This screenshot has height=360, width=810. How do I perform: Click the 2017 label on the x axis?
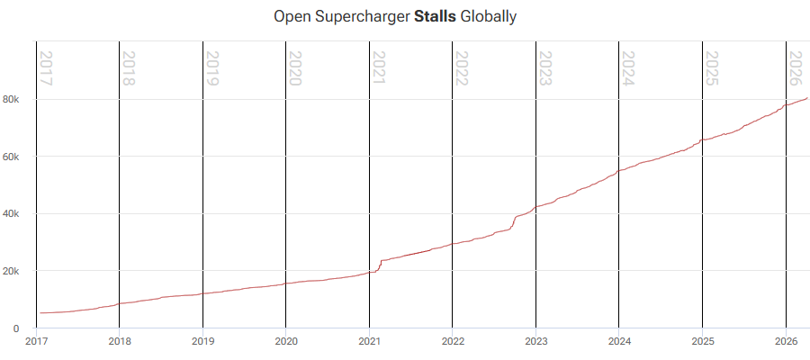coord(37,341)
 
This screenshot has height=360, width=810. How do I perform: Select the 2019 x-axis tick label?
coord(203,341)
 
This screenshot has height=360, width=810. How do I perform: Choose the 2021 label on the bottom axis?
coord(370,341)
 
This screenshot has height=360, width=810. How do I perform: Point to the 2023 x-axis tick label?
coord(536,341)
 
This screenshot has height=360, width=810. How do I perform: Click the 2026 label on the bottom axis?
coord(786,341)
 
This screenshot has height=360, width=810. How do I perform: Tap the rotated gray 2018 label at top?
coord(130,68)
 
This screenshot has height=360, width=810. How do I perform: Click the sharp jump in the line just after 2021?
coord(380,265)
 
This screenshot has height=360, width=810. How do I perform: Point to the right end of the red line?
coord(807,97)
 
